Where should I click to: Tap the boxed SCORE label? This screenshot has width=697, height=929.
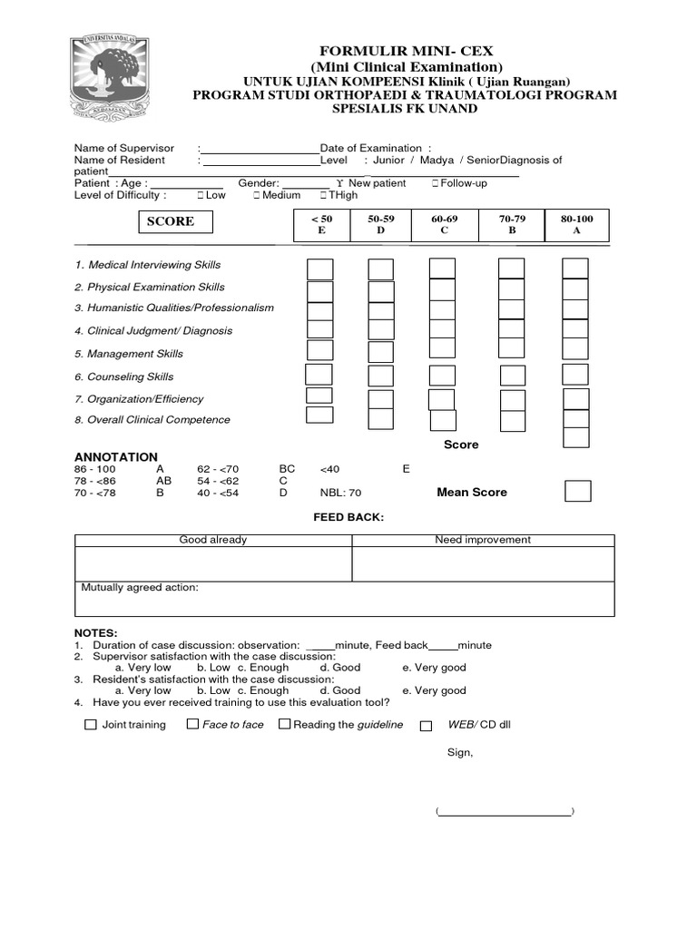pos(171,221)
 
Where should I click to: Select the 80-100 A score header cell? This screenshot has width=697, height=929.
pos(576,225)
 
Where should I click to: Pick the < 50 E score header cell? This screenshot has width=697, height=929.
pos(321,225)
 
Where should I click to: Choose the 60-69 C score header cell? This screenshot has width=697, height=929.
pos(445,225)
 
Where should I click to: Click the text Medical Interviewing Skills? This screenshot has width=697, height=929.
pos(153,265)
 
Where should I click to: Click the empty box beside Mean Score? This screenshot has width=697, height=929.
pos(577,491)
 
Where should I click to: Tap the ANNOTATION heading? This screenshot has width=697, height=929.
pos(115,457)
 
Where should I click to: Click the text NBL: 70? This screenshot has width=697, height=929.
pos(340,493)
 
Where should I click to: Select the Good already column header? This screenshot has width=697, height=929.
pos(212,540)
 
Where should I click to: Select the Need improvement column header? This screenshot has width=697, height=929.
pos(483,540)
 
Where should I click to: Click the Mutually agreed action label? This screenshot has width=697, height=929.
pos(140,588)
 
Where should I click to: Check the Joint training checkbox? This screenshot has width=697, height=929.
pos(90,725)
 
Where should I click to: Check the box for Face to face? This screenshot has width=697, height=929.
pos(192,724)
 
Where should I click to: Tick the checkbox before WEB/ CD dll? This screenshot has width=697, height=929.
pos(426,726)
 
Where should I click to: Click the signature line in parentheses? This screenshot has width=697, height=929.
pos(505,812)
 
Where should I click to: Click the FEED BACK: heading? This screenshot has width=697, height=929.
pos(348,517)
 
